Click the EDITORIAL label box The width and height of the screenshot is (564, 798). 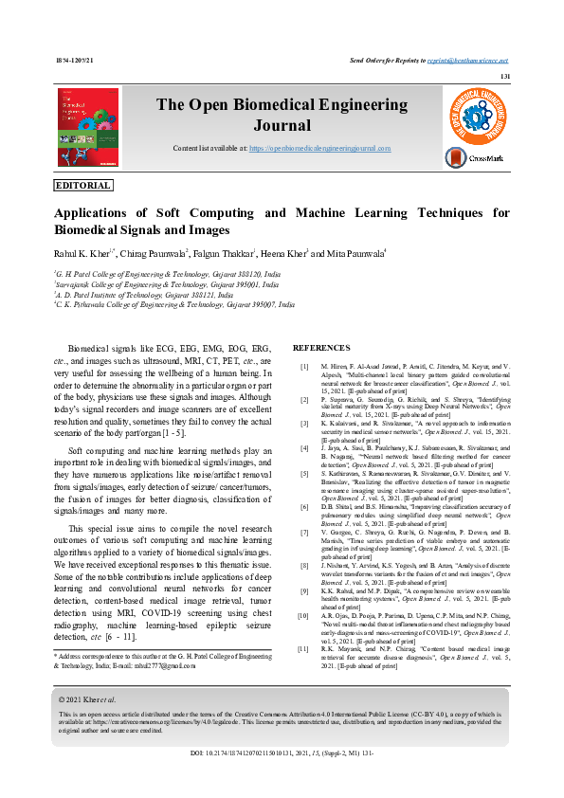point(83,186)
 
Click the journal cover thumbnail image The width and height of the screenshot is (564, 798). point(88,128)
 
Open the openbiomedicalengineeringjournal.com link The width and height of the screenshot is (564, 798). point(320,150)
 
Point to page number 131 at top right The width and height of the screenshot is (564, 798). point(505,76)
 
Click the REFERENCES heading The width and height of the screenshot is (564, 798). point(321,349)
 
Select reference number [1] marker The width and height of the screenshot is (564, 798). point(304,366)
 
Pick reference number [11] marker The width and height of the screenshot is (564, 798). point(303,648)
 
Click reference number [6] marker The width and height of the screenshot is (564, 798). point(304,507)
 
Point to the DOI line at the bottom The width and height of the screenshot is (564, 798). point(282,753)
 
